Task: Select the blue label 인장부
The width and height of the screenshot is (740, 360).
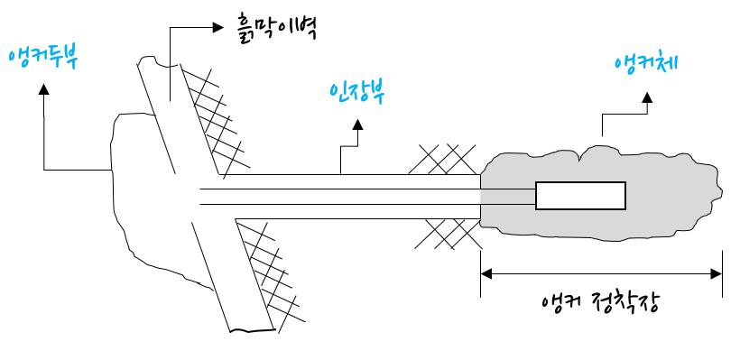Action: pos(357,93)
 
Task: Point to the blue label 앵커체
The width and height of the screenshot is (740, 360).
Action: pos(646,63)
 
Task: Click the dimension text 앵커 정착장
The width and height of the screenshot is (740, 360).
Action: pos(600,303)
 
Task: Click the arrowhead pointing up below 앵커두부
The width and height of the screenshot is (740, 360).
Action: pos(44,89)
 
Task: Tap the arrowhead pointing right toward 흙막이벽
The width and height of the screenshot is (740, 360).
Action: pos(217,27)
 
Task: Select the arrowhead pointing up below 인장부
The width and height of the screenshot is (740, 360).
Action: pos(357,125)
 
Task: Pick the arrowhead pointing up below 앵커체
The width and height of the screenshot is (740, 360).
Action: pos(647,97)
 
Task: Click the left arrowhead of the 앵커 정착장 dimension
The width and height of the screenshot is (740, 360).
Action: pos(486,274)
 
